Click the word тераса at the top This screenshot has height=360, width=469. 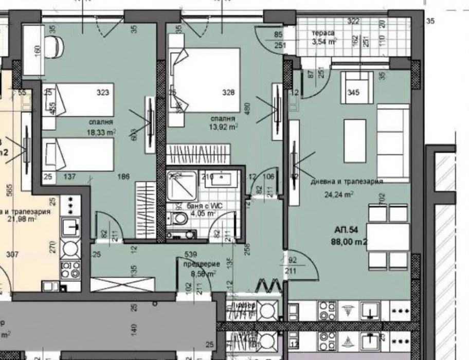click(323, 33)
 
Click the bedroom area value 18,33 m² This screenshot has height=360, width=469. click(101, 132)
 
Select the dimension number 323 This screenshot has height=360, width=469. click(103, 93)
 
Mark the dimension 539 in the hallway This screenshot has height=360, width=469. click(191, 255)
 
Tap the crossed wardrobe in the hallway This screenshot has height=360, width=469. click(122, 284)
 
